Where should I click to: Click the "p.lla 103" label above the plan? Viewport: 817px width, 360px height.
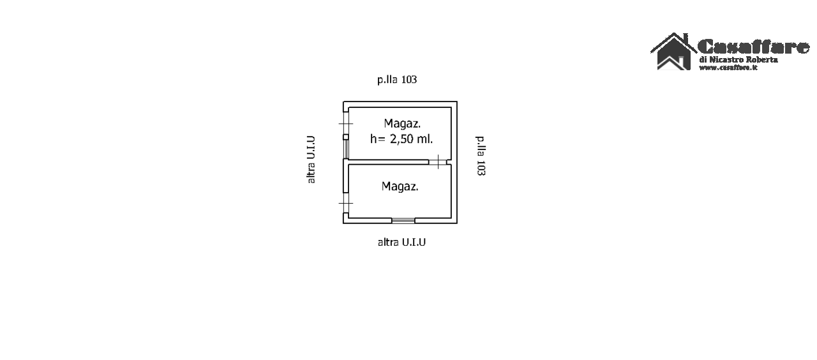pos(397,80)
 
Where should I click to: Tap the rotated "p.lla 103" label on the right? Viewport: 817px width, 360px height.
pos(481,156)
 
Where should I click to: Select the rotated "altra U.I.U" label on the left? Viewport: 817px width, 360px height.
pos(311,160)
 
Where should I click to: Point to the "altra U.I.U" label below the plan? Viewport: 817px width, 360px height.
pos(401,242)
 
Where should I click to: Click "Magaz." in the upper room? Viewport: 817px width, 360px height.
pos(402,124)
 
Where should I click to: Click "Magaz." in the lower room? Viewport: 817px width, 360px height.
pos(400,186)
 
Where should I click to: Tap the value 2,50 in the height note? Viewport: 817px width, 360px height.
pos(401,139)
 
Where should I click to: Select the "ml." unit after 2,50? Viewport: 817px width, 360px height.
pos(425,139)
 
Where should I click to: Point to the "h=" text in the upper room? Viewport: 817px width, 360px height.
pos(378,139)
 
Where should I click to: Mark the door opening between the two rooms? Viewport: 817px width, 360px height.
pos(438,162)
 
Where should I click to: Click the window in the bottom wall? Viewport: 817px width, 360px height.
pos(403,220)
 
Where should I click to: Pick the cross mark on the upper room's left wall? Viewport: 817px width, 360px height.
pos(346,124)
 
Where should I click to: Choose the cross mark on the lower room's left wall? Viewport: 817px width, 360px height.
pos(346,203)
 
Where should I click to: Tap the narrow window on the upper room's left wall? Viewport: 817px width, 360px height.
pos(346,149)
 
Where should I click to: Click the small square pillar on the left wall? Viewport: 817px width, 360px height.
pos(346,137)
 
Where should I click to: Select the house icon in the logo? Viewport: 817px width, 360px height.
pos(673,52)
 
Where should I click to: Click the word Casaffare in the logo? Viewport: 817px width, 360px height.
pos(753,47)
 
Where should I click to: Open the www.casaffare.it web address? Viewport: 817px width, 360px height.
pos(728,68)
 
